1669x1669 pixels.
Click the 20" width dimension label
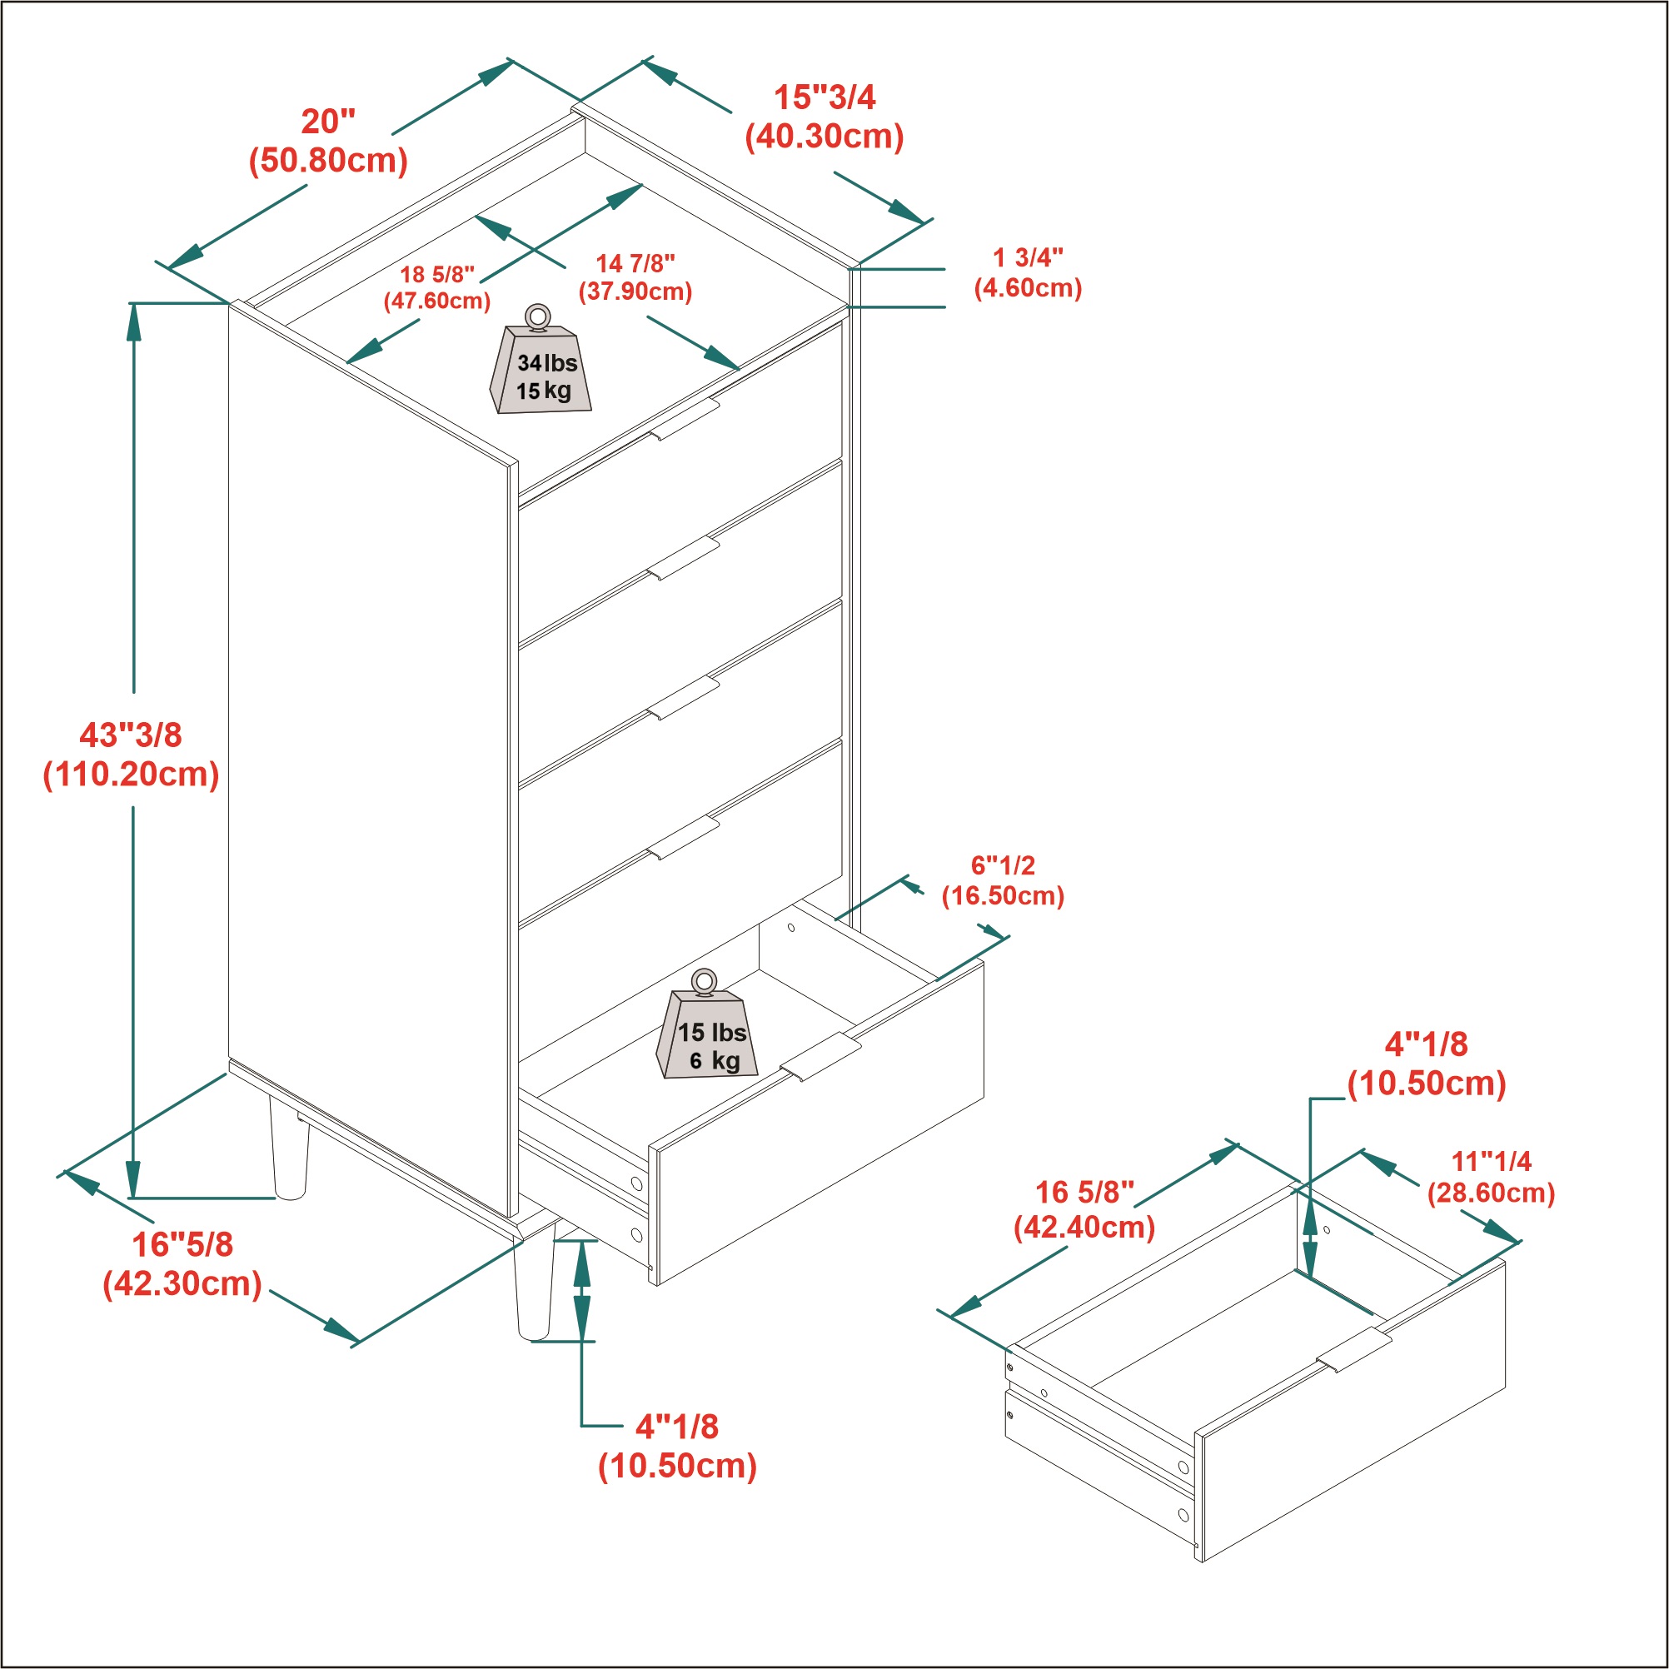coord(327,122)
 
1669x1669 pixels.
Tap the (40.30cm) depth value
coord(825,137)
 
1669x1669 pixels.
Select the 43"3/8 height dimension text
coord(132,735)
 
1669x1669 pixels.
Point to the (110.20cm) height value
coord(132,774)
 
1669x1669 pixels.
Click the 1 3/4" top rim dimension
coord(1027,257)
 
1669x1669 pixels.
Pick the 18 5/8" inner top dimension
coord(437,275)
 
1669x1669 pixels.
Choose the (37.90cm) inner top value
coord(635,291)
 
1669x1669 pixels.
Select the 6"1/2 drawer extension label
coord(1002,864)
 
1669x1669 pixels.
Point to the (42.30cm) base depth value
coord(182,1283)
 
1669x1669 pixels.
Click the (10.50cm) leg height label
coord(677,1466)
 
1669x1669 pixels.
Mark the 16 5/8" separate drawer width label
coord(1084,1192)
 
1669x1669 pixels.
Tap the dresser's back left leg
coord(288,1148)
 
